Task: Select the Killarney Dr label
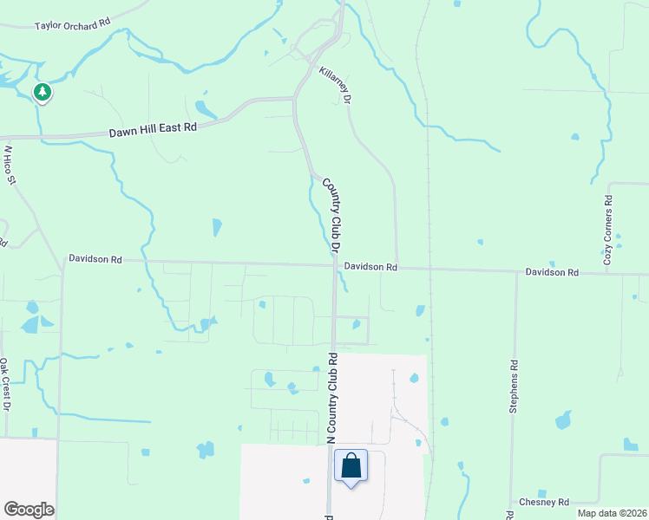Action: click(x=335, y=87)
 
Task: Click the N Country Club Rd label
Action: click(x=331, y=399)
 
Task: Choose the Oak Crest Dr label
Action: click(x=4, y=383)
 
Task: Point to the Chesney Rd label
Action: click(x=544, y=502)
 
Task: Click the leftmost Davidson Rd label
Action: click(x=95, y=259)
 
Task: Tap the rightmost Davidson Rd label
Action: click(x=552, y=272)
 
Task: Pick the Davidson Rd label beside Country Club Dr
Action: click(x=370, y=268)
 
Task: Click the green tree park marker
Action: click(x=42, y=92)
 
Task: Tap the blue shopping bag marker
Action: click(x=351, y=466)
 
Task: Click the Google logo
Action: click(x=29, y=510)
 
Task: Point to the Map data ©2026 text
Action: click(x=612, y=513)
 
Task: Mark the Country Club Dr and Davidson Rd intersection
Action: click(x=334, y=266)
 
